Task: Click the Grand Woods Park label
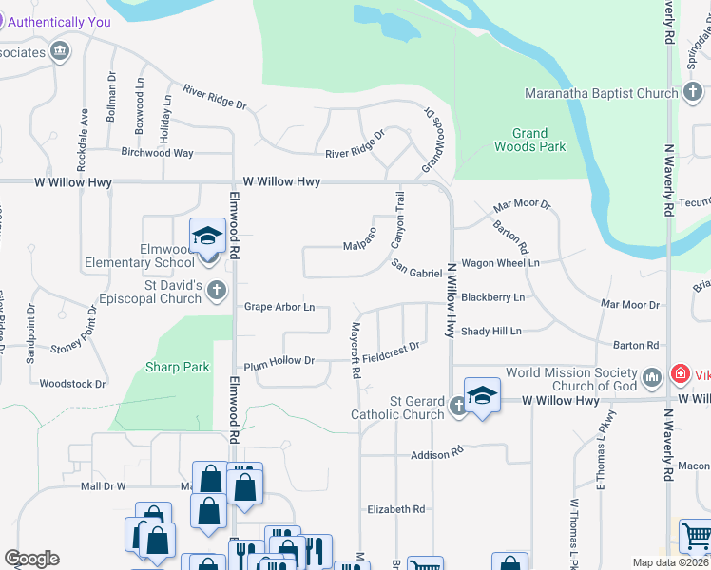529,140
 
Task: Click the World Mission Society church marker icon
651,378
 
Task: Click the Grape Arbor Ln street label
279,307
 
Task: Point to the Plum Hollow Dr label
279,361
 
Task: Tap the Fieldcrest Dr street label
391,350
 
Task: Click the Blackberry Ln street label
492,297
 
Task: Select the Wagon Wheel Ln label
500,262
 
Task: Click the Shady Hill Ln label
490,331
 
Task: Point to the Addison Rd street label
436,455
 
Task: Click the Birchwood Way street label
157,153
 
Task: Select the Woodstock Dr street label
72,384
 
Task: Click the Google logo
31,559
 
